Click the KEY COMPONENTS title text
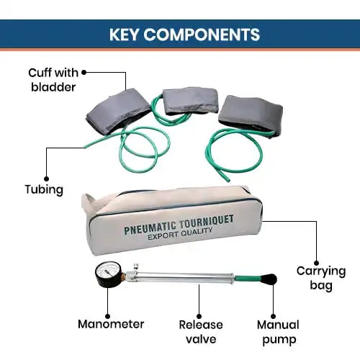(x=180, y=35)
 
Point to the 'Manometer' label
(x=111, y=324)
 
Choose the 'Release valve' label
(x=202, y=331)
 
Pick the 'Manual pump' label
(x=277, y=331)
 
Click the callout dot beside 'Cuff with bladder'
(x=84, y=71)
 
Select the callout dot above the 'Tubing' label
(x=47, y=176)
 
